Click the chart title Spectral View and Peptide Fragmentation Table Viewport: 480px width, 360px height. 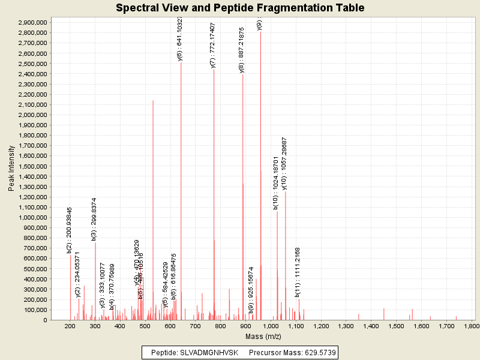pos(240,8)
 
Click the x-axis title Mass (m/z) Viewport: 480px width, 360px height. pos(262,337)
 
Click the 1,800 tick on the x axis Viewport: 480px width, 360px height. pos(471,326)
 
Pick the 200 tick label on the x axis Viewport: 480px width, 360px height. pos(70,326)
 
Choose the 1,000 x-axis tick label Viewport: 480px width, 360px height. pos(271,326)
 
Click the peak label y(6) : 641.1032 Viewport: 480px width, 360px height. pos(180,39)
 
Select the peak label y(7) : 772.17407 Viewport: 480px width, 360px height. pos(213,46)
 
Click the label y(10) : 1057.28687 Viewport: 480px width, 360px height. pos(284,163)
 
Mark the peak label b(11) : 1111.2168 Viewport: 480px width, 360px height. pos(298,271)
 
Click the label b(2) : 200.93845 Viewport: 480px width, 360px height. pos(70,230)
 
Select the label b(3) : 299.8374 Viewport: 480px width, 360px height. pos(95,219)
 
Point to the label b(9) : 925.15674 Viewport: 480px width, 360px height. pos(251,290)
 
